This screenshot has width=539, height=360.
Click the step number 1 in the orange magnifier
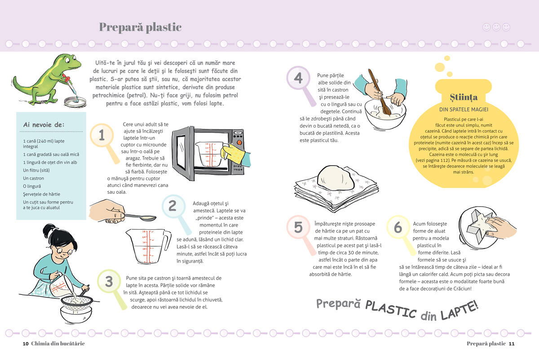102,135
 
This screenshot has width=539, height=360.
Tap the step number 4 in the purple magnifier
298,78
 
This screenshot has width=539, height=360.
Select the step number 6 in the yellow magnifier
398,227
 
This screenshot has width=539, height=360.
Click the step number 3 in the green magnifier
109,281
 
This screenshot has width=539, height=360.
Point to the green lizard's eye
73,58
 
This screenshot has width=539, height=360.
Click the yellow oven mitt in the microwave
232,153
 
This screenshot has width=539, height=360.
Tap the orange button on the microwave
239,142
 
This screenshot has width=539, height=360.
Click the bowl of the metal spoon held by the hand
148,218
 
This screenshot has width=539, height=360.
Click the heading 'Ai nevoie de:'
44,125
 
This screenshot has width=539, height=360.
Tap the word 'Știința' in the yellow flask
464,97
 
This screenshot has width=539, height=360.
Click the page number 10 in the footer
26,344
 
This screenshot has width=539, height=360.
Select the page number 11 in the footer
512,344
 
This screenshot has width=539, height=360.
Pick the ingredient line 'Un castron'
33,178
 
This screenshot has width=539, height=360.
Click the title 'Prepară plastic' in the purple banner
140,27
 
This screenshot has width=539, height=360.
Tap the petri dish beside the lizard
75,101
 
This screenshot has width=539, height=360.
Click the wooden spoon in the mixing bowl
379,92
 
